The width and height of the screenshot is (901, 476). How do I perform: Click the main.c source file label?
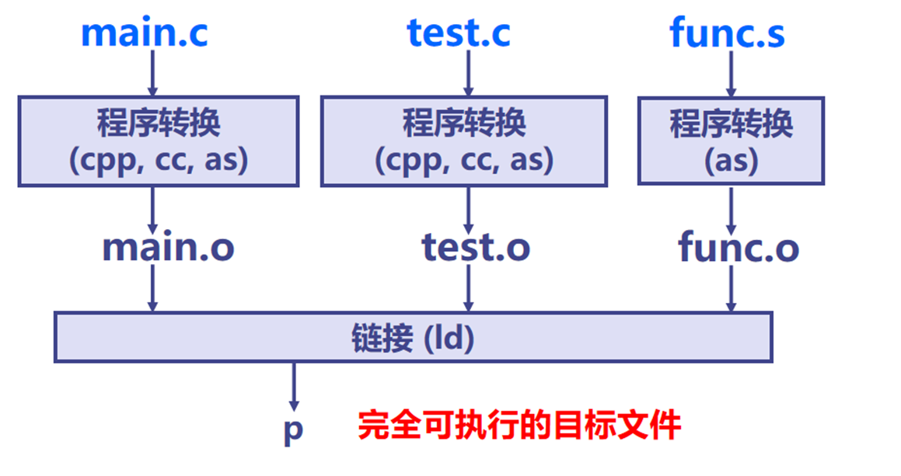(145, 33)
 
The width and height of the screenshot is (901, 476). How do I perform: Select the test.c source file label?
(459, 33)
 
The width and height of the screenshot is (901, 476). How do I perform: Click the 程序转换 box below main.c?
(159, 141)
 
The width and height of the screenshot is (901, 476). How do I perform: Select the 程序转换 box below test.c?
(464, 141)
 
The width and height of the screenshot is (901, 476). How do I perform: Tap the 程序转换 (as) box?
(731, 141)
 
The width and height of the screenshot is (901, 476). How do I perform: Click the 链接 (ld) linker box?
(413, 338)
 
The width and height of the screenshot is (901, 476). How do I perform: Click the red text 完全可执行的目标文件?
(519, 426)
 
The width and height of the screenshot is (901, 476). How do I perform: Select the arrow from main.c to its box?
(152, 75)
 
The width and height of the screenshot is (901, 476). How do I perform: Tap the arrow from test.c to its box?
(468, 75)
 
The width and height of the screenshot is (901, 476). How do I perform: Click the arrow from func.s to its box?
(731, 75)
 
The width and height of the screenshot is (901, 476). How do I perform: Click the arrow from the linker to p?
(294, 387)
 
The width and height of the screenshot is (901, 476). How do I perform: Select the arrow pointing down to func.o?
(731, 208)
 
